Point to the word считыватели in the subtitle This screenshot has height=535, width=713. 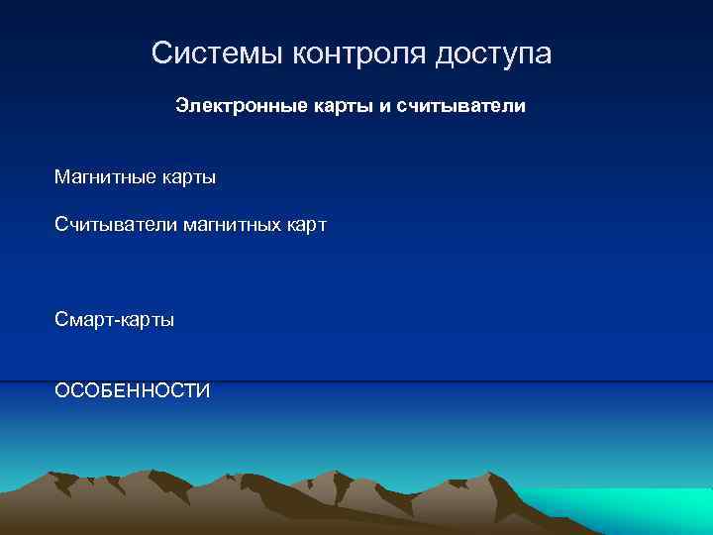460,104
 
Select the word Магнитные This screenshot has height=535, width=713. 105,178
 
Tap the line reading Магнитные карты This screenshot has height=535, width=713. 136,178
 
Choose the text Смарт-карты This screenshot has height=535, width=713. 115,321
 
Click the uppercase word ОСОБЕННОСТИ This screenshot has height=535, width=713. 133,391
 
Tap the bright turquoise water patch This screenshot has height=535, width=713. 634,505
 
